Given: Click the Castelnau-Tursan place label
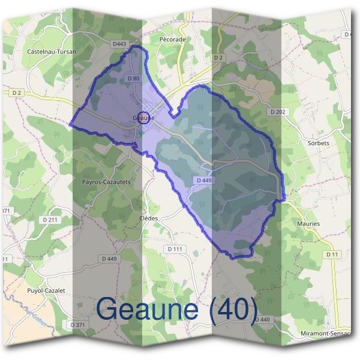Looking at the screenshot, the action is [52, 52].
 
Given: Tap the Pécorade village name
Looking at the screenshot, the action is [172, 40].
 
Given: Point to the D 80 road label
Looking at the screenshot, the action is [134, 79].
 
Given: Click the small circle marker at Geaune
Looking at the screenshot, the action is [143, 117].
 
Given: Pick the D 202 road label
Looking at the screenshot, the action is [277, 112].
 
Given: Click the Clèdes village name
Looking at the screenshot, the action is [148, 218].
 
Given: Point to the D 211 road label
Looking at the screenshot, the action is [50, 220].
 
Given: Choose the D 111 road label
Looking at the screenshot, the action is [175, 248].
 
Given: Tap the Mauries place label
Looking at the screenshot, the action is [308, 224].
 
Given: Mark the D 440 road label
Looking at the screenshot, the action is [262, 320].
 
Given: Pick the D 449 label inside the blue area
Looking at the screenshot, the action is [203, 180].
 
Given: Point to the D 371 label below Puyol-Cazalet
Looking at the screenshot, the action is [78, 324].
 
